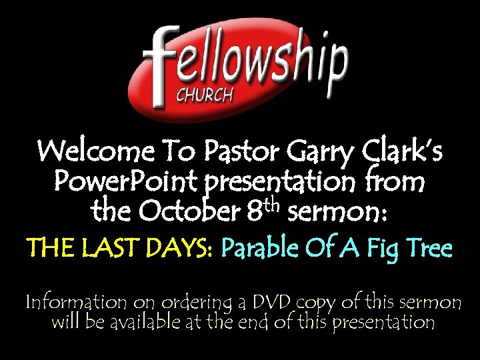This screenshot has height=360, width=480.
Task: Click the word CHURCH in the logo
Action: (x=204, y=95)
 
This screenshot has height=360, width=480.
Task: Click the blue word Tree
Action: (x=430, y=249)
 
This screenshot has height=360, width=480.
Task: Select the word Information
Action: (x=75, y=302)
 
